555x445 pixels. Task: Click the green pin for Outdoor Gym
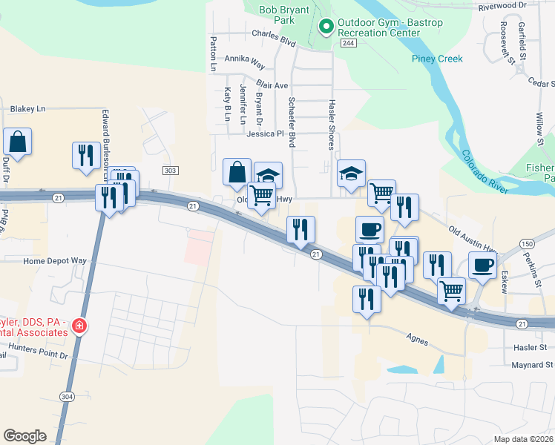325,27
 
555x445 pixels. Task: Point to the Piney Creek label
437,59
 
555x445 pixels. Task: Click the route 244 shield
348,44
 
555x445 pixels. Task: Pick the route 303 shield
171,171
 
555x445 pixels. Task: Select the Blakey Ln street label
27,108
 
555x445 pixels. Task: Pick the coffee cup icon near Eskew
482,266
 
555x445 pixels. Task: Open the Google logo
24,436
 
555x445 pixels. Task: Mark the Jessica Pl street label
266,134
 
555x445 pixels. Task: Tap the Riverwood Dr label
502,5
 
